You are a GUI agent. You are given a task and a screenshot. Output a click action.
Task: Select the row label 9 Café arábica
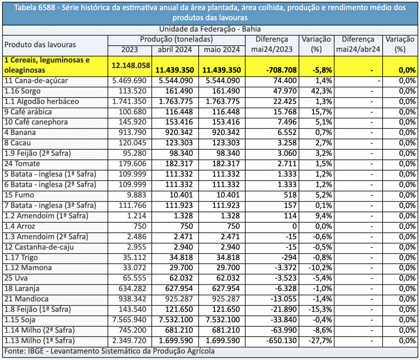[28, 112]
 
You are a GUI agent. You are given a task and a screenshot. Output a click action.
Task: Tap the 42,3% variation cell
[322, 91]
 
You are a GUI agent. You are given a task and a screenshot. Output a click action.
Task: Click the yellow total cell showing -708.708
[281, 70]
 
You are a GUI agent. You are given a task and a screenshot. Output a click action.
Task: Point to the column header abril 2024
[175, 50]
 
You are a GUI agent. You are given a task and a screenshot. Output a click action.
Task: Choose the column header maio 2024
[222, 50]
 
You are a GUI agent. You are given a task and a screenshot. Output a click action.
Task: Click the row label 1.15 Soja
[20, 320]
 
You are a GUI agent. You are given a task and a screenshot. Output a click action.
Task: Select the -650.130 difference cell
[281, 341]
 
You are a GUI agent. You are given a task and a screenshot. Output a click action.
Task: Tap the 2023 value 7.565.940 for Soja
[129, 320]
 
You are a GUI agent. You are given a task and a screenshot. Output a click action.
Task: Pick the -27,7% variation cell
[320, 341]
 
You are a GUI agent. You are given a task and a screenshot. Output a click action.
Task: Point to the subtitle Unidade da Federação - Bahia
[210, 29]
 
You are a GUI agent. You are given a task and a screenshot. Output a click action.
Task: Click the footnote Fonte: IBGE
[24, 351]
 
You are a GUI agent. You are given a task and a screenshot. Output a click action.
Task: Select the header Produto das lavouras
[40, 45]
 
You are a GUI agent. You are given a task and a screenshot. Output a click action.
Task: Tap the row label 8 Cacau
[18, 143]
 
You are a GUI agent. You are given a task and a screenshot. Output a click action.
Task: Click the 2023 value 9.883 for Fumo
[137, 195]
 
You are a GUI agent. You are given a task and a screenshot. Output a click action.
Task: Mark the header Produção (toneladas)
[176, 39]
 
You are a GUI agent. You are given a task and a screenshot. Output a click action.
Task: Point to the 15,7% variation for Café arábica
[322, 112]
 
